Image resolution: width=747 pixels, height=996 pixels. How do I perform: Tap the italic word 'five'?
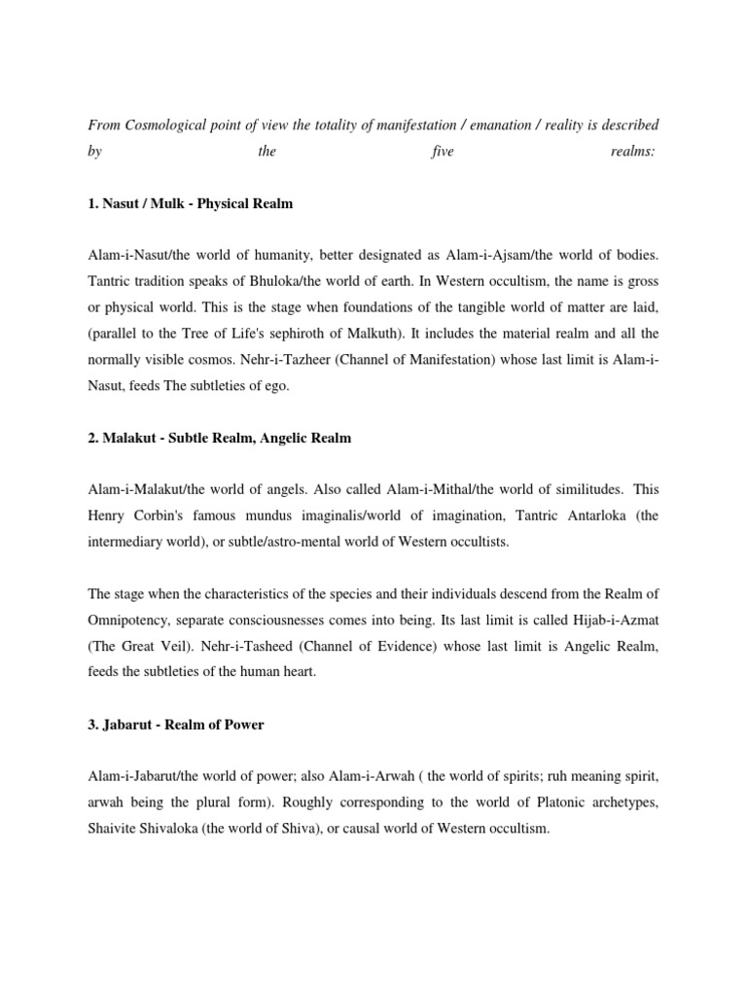[442, 152]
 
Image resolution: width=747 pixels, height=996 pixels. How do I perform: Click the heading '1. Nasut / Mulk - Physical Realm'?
[190, 204]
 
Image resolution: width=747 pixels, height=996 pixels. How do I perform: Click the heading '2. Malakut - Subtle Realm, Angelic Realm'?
[219, 439]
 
